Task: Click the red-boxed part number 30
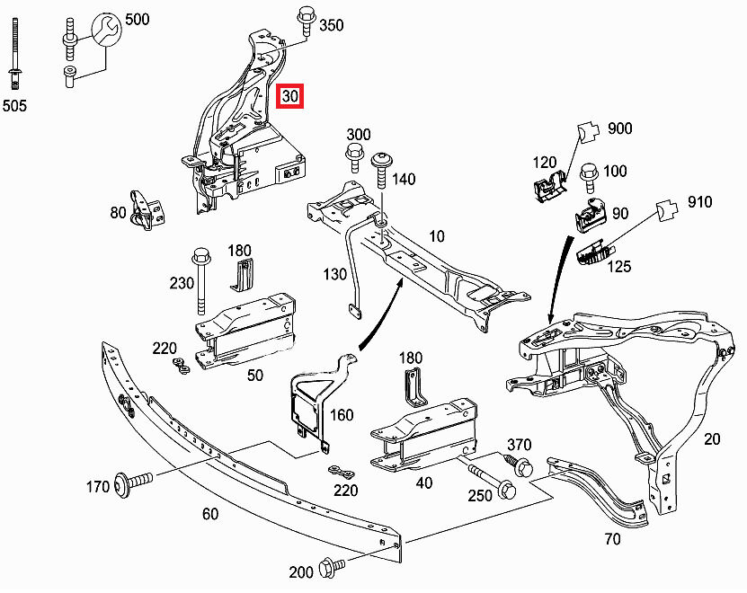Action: pyautogui.click(x=290, y=95)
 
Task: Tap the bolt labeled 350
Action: pyautogui.click(x=304, y=20)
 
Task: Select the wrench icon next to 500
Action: pyautogui.click(x=106, y=27)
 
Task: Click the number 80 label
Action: pyautogui.click(x=119, y=213)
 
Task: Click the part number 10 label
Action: pyautogui.click(x=437, y=236)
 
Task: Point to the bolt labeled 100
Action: pyautogui.click(x=590, y=176)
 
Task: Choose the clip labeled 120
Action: pyautogui.click(x=546, y=186)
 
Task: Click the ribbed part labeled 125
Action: pyautogui.click(x=594, y=253)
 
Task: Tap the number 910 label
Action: pyautogui.click(x=699, y=202)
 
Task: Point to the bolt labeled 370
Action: pyautogui.click(x=521, y=466)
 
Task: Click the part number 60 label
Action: pyautogui.click(x=209, y=514)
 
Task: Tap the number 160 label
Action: pyautogui.click(x=342, y=415)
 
